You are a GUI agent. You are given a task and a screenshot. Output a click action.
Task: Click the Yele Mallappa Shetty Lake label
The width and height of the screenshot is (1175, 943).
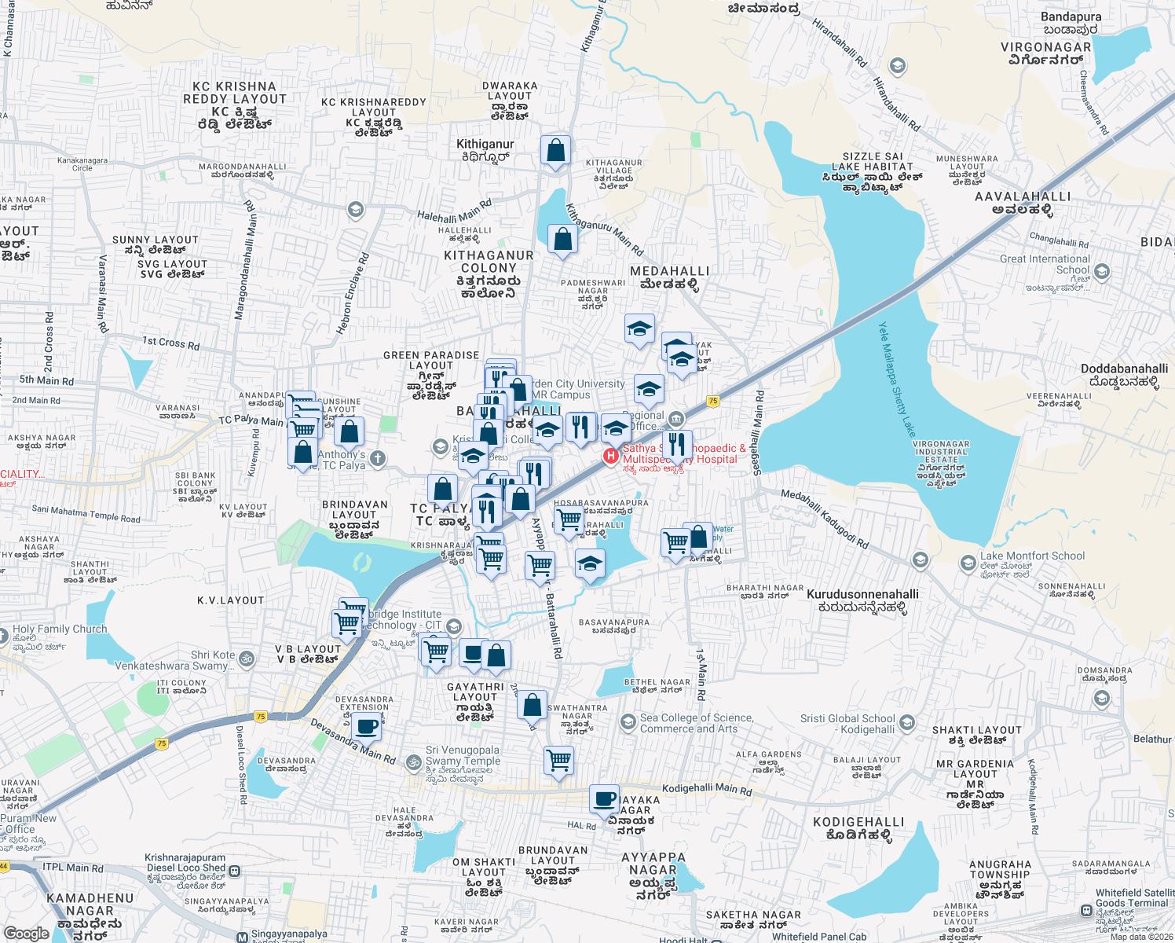click(896, 380)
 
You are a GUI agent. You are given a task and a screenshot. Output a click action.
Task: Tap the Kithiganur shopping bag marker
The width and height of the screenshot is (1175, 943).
click(555, 150)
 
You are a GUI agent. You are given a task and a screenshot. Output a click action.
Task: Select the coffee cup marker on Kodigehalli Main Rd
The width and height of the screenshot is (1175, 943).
click(605, 799)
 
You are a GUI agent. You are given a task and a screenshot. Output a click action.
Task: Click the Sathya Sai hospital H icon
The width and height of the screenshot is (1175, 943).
click(610, 456)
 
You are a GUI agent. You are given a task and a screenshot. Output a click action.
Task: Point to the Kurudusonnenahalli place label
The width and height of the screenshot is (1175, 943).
click(862, 600)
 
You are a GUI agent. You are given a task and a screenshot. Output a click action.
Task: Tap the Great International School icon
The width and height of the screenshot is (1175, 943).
click(1102, 272)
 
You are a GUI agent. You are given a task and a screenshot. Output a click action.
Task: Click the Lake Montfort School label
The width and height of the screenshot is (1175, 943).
click(1032, 556)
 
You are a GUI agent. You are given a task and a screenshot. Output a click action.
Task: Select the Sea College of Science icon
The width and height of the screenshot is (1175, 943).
click(628, 721)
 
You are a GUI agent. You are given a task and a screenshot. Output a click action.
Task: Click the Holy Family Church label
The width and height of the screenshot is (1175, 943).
click(60, 629)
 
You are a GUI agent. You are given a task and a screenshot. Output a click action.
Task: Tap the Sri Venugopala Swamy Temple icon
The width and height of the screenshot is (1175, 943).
click(413, 761)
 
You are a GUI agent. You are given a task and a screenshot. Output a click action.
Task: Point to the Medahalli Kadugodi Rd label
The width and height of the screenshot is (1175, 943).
click(825, 519)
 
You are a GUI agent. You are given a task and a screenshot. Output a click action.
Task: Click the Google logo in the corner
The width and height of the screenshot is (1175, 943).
click(26, 934)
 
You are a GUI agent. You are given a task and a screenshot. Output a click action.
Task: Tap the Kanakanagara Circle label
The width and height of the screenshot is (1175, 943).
click(82, 163)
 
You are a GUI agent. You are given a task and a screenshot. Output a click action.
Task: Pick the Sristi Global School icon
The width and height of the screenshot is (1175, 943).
click(907, 723)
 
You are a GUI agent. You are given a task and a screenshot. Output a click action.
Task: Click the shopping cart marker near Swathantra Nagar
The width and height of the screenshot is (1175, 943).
click(558, 760)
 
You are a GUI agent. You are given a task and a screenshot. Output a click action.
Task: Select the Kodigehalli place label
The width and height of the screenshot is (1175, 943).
click(858, 828)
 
